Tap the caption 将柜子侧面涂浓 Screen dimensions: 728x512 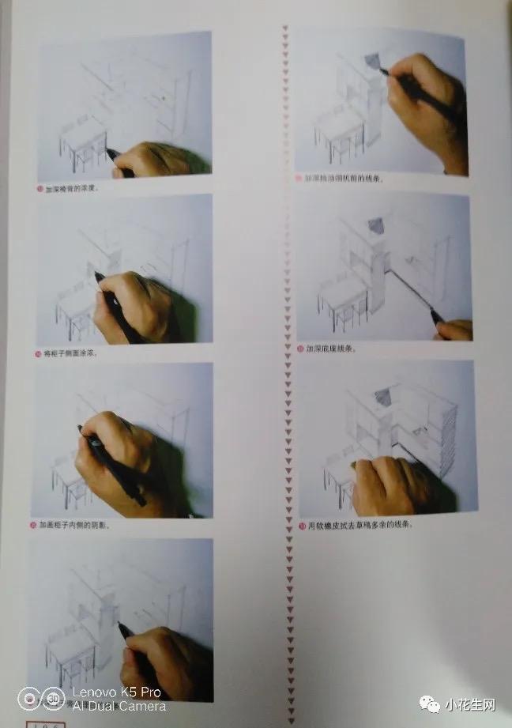76,353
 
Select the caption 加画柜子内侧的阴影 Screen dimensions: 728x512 80,525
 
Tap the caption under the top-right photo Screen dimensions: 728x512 343,179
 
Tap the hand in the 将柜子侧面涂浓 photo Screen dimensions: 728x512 134,304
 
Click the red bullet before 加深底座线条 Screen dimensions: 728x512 300,348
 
